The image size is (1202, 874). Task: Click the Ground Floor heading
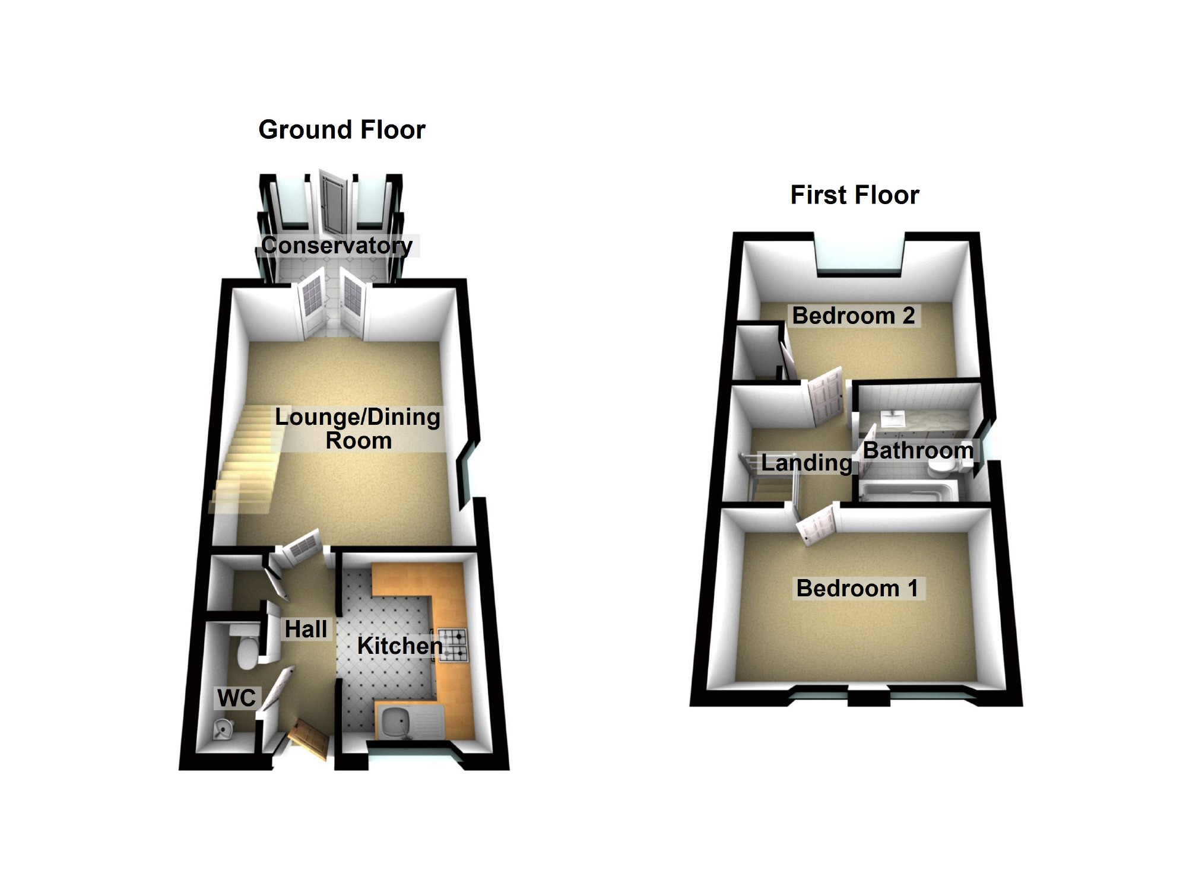pos(342,130)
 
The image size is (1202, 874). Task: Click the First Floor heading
pos(854,195)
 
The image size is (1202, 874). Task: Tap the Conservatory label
pos(337,245)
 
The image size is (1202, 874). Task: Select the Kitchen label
pos(399,646)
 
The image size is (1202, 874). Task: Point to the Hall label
pos(306,629)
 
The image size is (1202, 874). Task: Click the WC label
pos(236,698)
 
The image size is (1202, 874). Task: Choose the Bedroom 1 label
pos(857,588)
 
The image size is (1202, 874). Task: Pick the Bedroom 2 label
pos(853,315)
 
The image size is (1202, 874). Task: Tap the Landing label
pos(805,462)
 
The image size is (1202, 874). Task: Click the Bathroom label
pos(918,450)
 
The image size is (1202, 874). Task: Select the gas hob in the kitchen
pos(452,646)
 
